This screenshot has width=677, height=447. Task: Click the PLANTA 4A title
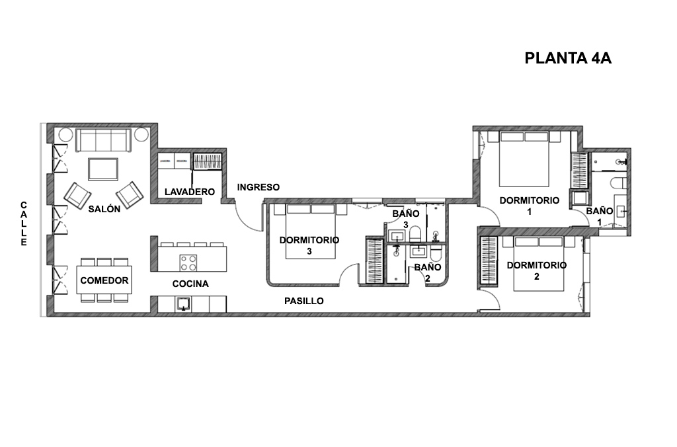[568, 58]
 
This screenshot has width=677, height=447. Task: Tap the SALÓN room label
[104, 209]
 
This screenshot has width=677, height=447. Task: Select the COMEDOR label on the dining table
[104, 280]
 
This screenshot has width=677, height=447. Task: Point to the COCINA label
[190, 284]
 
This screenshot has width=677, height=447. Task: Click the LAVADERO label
[190, 192]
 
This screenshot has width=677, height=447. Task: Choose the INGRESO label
[259, 187]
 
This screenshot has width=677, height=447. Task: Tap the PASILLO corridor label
[304, 301]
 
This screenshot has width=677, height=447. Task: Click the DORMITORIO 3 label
[309, 245]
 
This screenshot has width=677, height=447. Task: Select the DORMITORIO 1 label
[530, 206]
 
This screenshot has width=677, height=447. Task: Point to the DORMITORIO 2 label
[537, 271]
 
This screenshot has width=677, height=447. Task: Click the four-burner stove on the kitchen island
[188, 263]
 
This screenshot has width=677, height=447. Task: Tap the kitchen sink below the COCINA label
[184, 304]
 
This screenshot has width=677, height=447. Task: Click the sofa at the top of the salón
[103, 140]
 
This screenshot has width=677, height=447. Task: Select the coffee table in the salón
[103, 169]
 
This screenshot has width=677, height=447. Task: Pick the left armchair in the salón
[78, 196]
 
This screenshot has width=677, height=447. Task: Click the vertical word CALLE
[24, 223]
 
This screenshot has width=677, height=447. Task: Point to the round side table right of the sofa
[141, 134]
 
